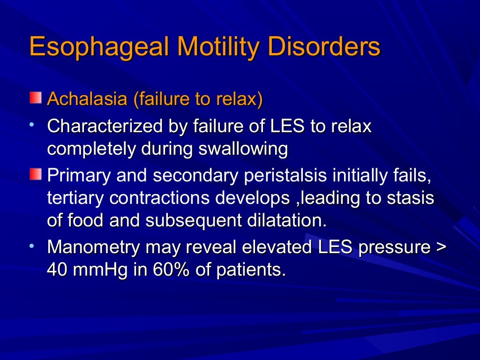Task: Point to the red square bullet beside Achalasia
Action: (35, 98)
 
